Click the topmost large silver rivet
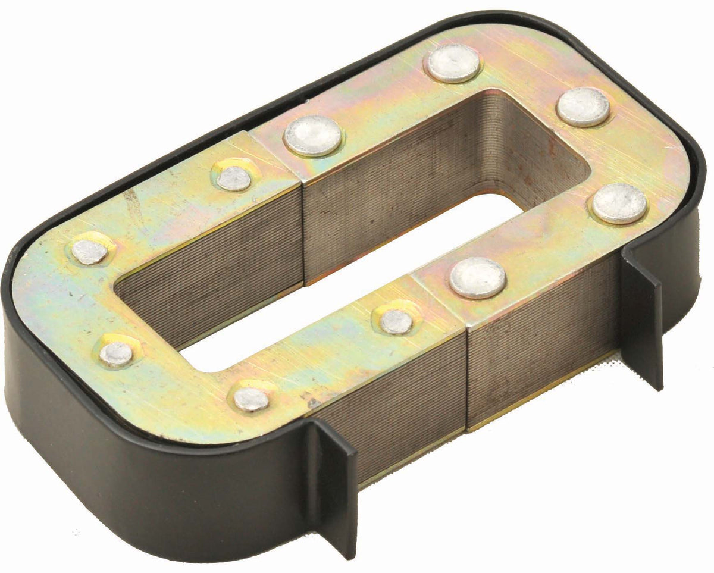click(453, 63)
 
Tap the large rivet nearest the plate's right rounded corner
click(583, 107)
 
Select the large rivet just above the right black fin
click(619, 203)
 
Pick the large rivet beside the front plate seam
click(478, 278)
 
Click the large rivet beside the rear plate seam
click(313, 136)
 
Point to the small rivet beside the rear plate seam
click(233, 178)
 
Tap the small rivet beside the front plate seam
click(396, 322)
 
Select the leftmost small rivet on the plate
click(90, 252)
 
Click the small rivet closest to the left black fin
click(250, 399)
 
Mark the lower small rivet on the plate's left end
click(116, 353)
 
